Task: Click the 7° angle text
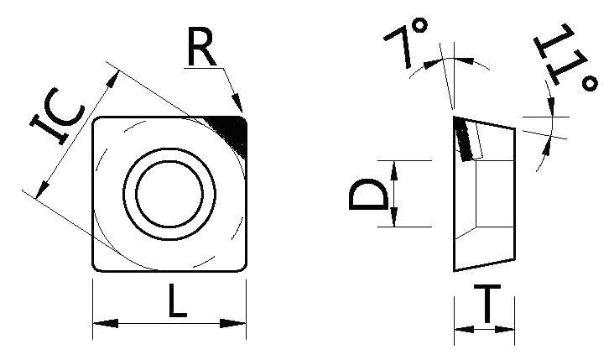[x=406, y=43]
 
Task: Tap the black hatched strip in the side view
[x=463, y=139]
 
